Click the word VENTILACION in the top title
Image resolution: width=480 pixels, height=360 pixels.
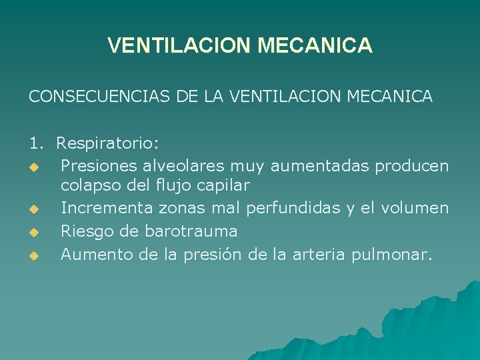click(x=179, y=45)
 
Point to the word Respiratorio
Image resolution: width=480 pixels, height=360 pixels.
click(x=107, y=143)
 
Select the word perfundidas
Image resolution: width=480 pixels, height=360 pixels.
click(x=293, y=209)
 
